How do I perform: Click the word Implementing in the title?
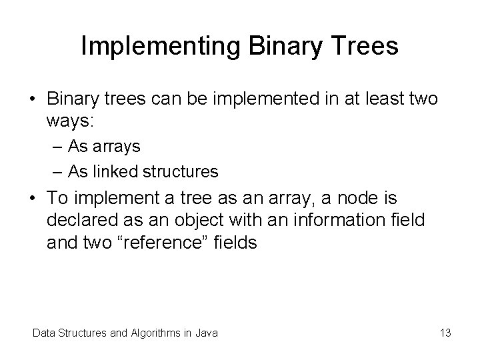click(x=161, y=47)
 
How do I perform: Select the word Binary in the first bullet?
click(x=73, y=99)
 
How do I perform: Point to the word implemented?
click(x=266, y=99)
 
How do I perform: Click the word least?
click(x=385, y=99)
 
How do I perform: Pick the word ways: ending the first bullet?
click(x=70, y=121)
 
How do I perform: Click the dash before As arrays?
click(x=57, y=147)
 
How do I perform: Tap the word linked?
click(x=115, y=171)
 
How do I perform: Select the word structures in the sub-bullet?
click(x=181, y=171)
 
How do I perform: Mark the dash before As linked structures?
click(x=57, y=172)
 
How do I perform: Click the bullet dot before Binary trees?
click(x=33, y=99)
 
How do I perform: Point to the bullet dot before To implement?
click(x=33, y=198)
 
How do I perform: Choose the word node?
click(x=357, y=198)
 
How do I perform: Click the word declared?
click(x=83, y=220)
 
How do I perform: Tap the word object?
click(x=199, y=221)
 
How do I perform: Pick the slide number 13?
click(x=445, y=333)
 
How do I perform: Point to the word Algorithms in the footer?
click(x=156, y=333)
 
